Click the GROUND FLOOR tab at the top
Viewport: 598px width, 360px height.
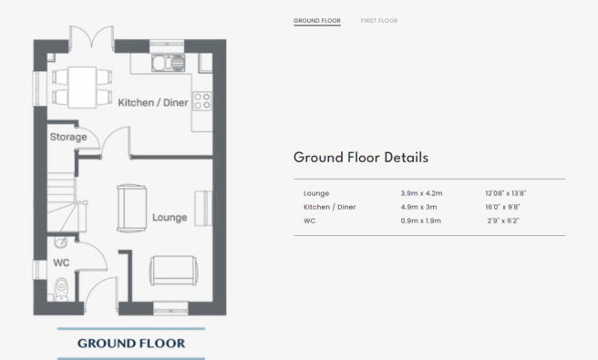tap(317, 21)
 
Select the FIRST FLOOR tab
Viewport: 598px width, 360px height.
tap(379, 21)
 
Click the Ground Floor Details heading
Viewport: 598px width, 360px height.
tap(361, 158)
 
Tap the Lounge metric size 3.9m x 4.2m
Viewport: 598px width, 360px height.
tap(421, 193)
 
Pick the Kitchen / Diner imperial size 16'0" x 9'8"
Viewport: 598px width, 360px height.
tap(502, 207)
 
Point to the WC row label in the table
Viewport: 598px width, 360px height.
tap(309, 221)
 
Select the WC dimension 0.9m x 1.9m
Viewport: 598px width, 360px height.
tap(420, 221)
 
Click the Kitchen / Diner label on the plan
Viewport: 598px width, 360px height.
tap(153, 103)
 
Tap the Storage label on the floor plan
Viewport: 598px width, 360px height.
tap(68, 137)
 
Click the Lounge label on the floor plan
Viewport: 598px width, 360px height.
tap(170, 218)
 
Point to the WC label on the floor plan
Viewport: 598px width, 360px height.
tap(61, 262)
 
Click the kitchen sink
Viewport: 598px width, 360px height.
tap(168, 63)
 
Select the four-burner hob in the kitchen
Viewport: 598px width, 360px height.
tap(201, 100)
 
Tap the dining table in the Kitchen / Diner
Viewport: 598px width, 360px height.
tap(82, 87)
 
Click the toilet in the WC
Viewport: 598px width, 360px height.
tap(61, 289)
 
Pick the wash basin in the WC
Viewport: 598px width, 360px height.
tap(60, 242)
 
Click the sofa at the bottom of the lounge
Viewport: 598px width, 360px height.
tap(173, 271)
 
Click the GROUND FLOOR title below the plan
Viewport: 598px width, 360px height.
tap(131, 344)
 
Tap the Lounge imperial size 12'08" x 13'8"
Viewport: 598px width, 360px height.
tap(506, 193)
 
